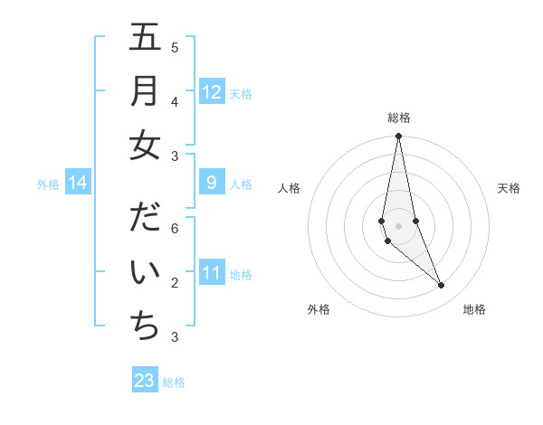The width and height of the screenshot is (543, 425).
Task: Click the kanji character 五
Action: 146,38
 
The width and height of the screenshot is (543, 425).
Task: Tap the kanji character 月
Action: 146,91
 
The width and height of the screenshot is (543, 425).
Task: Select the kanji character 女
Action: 146,146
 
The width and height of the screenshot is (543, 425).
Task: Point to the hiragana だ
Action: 146,218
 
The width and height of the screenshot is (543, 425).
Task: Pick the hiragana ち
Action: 146,326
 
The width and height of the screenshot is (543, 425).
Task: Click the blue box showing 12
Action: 212,92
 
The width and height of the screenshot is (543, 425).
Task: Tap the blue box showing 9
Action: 212,183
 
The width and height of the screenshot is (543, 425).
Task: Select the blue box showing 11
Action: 212,273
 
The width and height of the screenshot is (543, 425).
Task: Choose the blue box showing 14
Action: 78,184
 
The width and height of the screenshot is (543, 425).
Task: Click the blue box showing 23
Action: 145,380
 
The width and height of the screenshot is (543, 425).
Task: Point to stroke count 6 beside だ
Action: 175,229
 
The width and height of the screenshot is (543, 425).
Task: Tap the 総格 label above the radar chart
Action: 399,118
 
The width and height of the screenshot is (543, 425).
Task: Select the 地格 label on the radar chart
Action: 474,309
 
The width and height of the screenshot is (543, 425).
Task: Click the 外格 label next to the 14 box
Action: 48,184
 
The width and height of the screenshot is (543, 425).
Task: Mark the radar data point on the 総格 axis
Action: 398,137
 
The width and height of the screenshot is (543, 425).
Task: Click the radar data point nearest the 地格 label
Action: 441,286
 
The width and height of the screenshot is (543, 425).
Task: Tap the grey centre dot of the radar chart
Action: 398,225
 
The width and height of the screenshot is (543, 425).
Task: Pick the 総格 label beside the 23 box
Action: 174,382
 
